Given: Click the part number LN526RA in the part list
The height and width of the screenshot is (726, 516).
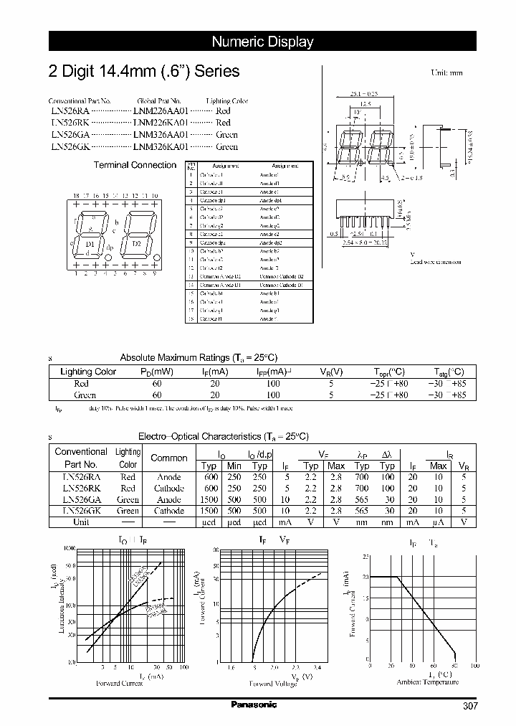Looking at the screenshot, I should tap(69, 112).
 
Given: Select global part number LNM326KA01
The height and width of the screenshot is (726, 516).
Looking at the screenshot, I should tap(161, 146).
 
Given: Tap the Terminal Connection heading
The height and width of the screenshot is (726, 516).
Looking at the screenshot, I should tap(135, 165).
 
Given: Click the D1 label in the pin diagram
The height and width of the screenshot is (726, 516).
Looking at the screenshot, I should tap(90, 244).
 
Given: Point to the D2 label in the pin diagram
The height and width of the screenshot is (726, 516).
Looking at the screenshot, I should tap(136, 244).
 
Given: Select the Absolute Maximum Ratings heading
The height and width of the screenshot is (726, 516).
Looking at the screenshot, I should tap(198, 357).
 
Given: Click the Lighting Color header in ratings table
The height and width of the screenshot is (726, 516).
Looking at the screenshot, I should tap(88, 372).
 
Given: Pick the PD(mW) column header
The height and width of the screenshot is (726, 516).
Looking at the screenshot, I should tap(157, 372).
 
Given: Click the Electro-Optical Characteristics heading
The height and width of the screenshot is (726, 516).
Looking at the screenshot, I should tap(223, 436).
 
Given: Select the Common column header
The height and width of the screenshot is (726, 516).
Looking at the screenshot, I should tap(169, 458).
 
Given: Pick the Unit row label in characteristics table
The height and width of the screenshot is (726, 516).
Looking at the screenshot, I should tap(80, 522).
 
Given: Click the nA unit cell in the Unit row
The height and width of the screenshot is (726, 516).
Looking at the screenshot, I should tap(439, 522).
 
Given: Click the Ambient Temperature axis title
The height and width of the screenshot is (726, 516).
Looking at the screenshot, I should tap(427, 682).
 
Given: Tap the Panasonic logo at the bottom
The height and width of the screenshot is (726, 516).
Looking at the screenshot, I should tap(254, 704).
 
